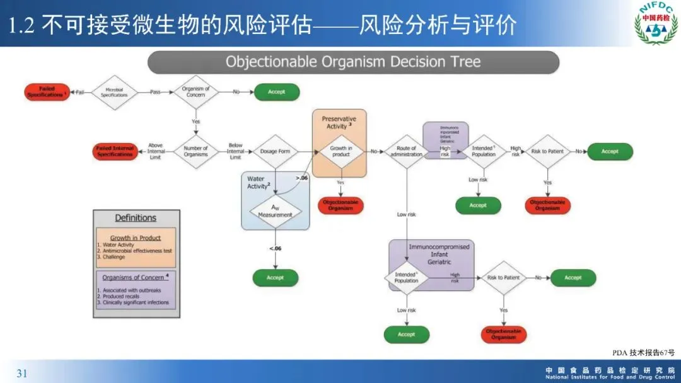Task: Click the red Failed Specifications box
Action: point(47,92)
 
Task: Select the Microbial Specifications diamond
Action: point(114,93)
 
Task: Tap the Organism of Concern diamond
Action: point(195,92)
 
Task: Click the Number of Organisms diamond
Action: point(195,152)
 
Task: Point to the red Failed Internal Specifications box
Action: point(115,152)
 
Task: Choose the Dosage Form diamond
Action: point(275,152)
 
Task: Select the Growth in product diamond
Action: point(340,152)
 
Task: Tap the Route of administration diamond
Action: point(407,152)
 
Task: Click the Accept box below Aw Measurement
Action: point(275,278)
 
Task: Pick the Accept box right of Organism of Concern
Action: point(276,92)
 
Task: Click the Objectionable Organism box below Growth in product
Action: point(340,205)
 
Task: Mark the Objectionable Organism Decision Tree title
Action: point(353,62)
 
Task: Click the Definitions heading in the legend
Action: point(136,218)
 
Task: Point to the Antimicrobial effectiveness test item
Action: point(137,251)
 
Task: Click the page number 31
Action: point(22,374)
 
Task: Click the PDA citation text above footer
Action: point(643,353)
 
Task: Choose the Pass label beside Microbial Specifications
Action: point(155,92)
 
